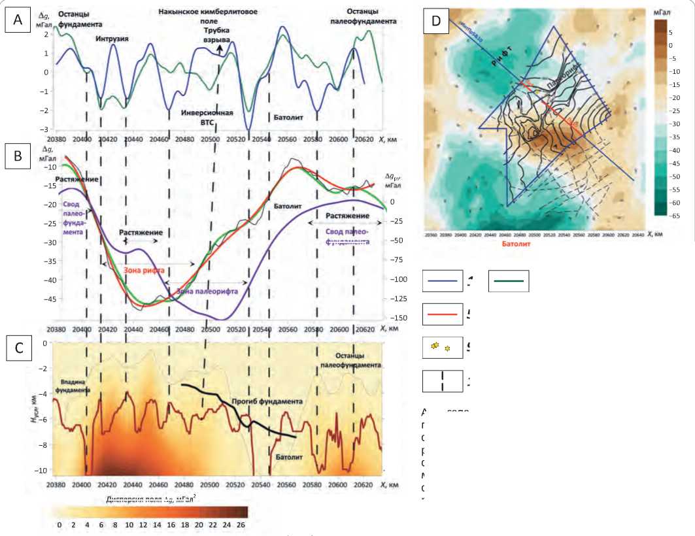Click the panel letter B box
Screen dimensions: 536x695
click(x=18, y=156)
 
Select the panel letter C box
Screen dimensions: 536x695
click(x=18, y=348)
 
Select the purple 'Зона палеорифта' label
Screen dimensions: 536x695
click(x=207, y=291)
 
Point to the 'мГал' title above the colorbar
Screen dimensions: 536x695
click(x=668, y=11)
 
